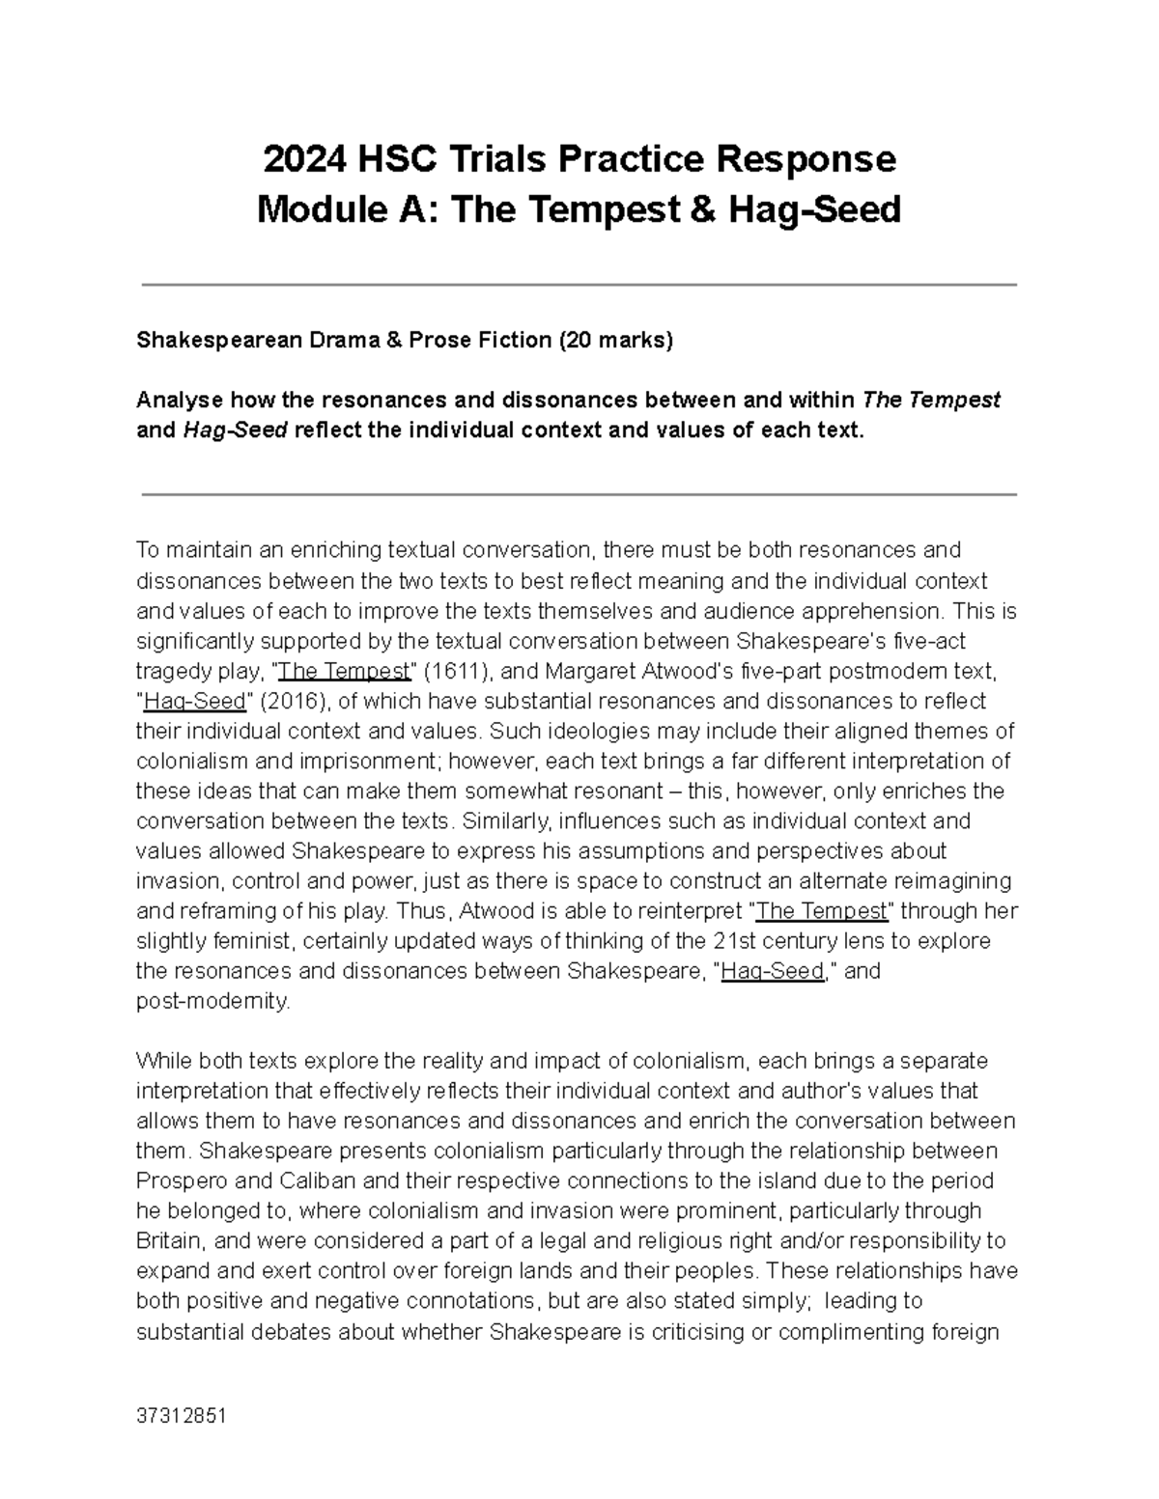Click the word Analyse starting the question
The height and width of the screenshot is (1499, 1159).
178,400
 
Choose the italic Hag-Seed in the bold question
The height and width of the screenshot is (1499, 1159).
234,430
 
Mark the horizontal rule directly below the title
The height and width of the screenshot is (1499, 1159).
579,285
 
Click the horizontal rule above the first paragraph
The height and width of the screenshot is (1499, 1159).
579,494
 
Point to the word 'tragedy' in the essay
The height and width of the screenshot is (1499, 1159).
170,671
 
